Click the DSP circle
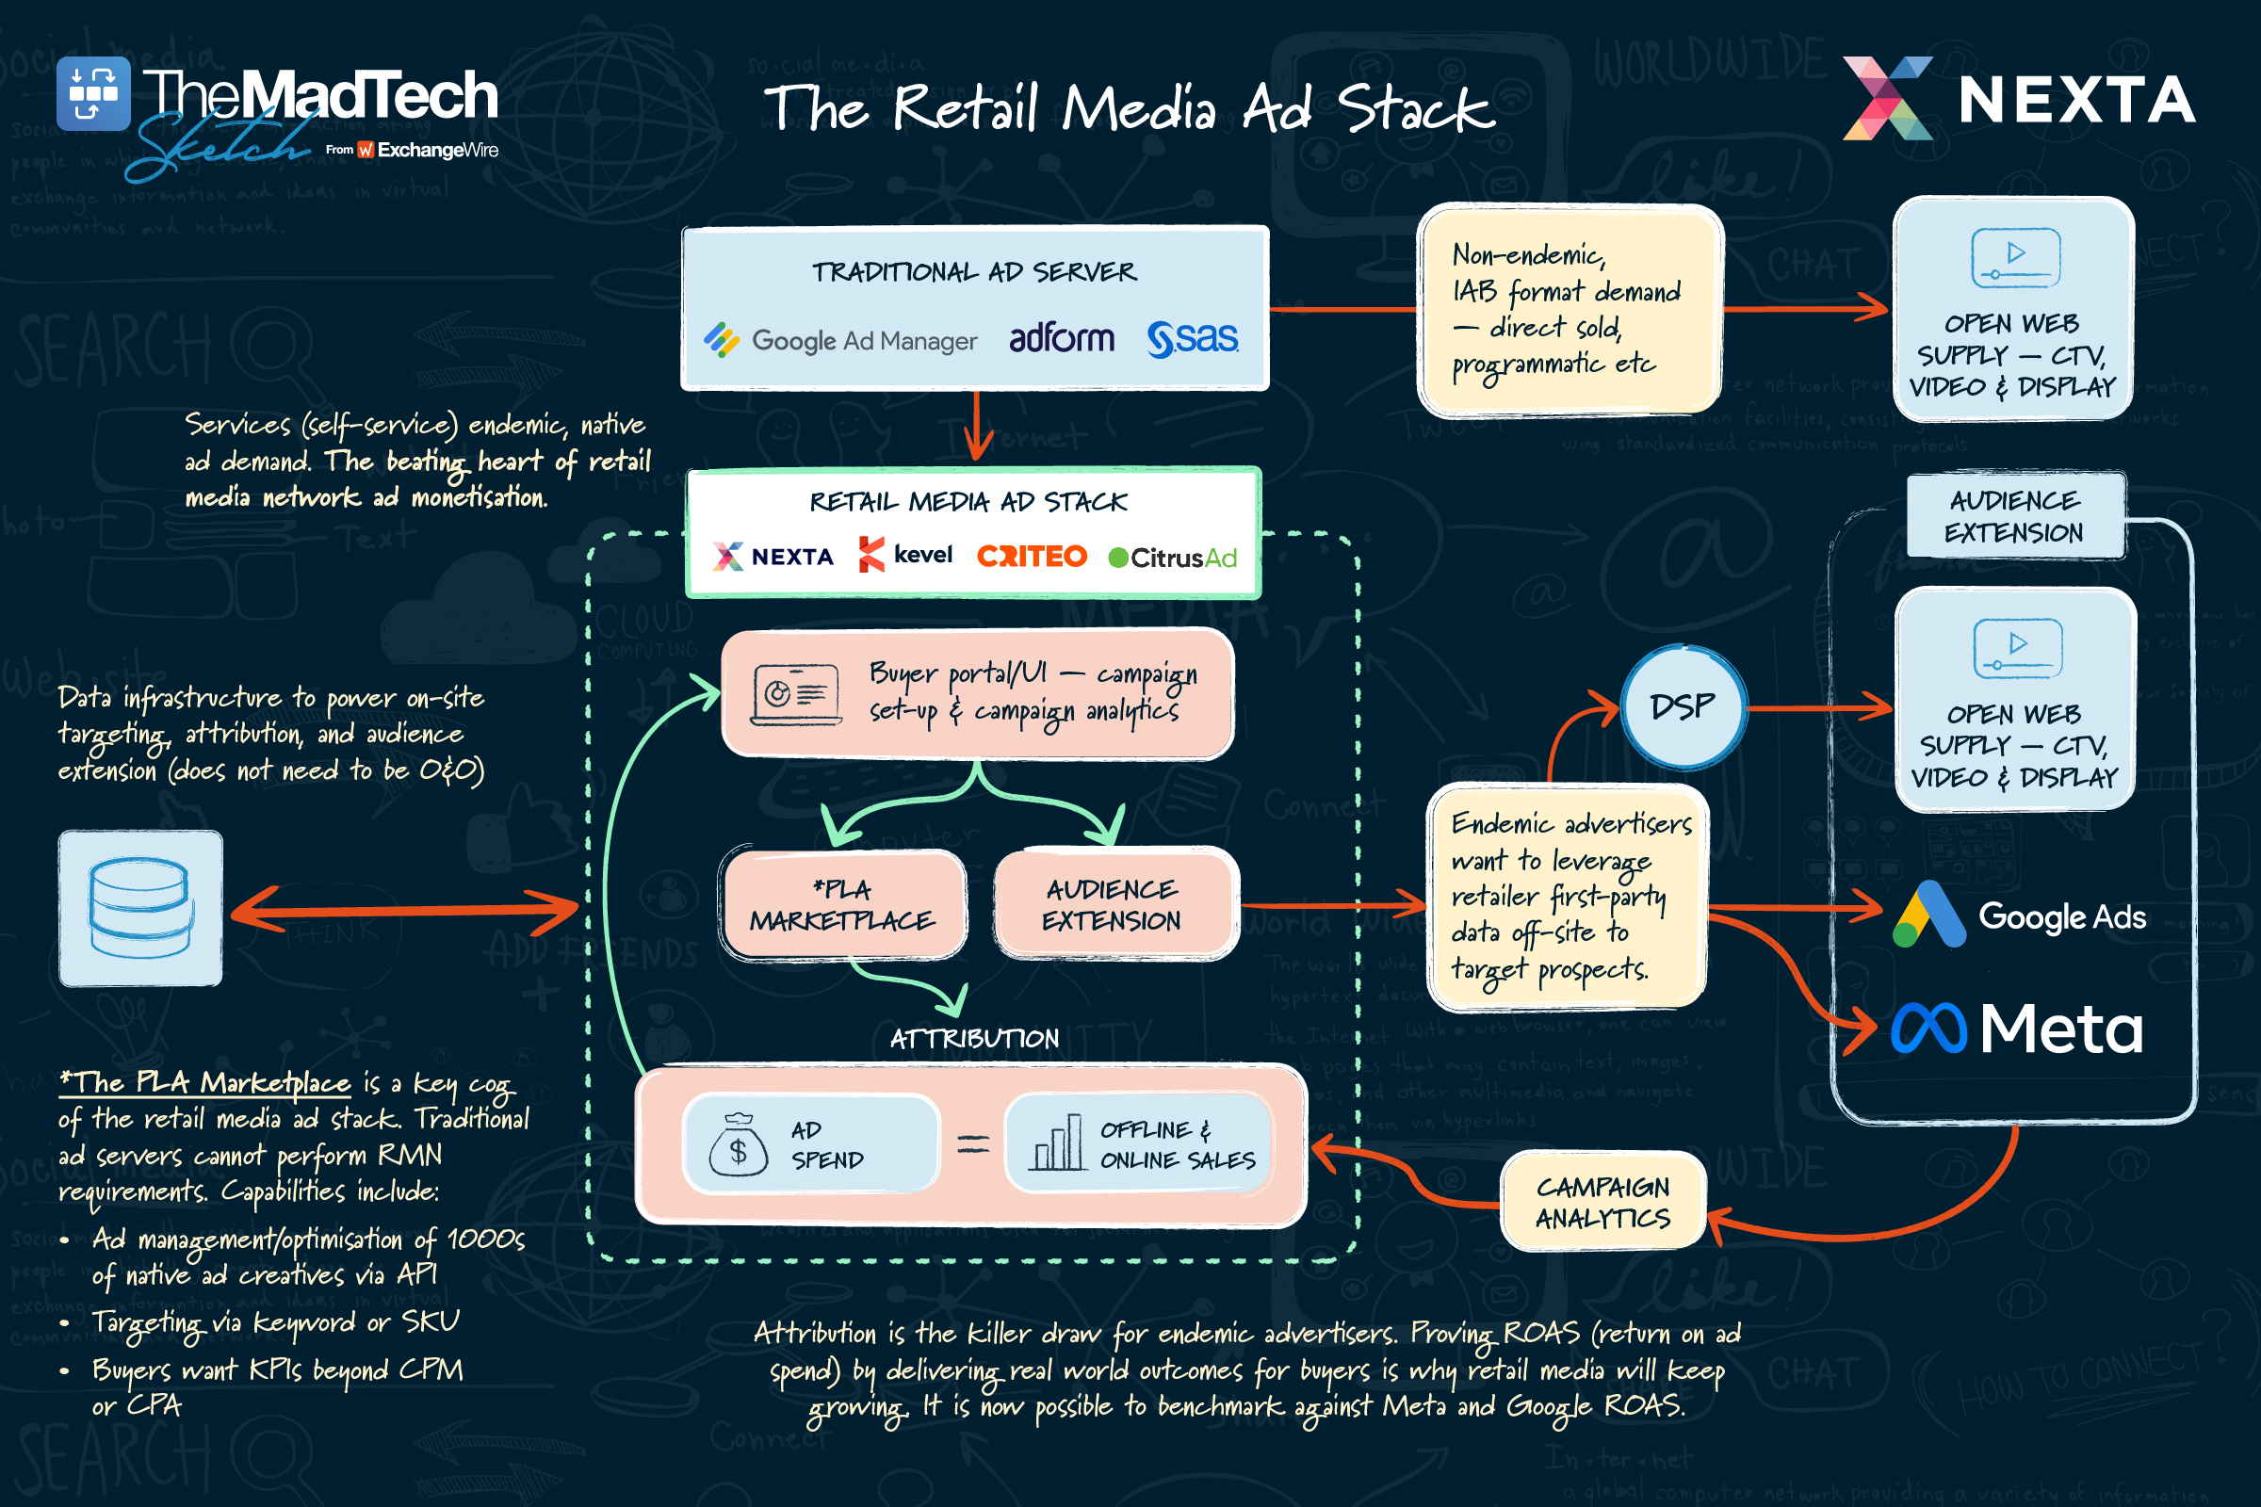click(1683, 707)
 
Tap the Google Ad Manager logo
click(840, 340)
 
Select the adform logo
click(1062, 338)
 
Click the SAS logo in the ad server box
click(1192, 338)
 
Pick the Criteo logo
click(1032, 557)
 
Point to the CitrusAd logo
click(1173, 558)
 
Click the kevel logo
click(905, 555)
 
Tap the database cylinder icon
click(140, 908)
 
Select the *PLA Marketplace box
click(842, 904)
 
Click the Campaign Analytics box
click(1602, 1203)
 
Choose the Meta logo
click(2017, 1029)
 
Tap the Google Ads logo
click(2019, 916)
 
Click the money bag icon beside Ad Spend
click(738, 1145)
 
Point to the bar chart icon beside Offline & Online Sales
click(1056, 1143)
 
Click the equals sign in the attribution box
click(973, 1143)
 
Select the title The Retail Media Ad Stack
click(1129, 107)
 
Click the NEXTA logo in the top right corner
click(2019, 99)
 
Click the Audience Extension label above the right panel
click(2015, 516)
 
